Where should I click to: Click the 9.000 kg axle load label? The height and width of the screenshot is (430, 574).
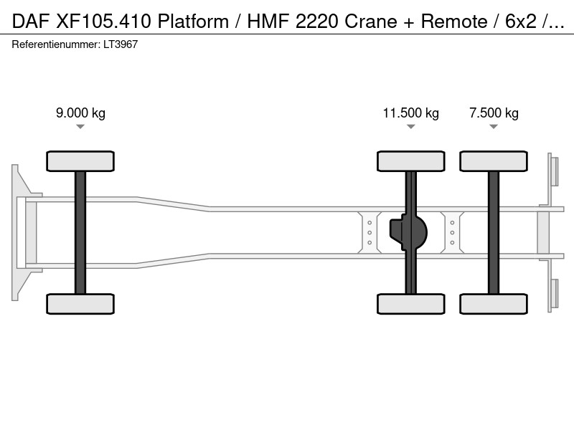(x=80, y=113)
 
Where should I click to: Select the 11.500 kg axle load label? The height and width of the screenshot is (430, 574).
(x=410, y=113)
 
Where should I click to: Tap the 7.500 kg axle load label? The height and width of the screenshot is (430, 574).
(x=494, y=113)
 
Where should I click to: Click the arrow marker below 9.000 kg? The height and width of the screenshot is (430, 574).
(x=80, y=127)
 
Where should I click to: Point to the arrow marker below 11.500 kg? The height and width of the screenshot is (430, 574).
(x=410, y=127)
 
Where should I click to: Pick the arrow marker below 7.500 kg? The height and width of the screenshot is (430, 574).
(x=494, y=127)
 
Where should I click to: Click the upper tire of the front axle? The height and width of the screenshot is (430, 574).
(x=80, y=161)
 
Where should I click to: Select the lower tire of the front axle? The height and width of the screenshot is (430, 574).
(x=80, y=304)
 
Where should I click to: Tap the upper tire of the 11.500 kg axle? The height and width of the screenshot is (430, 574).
(x=410, y=161)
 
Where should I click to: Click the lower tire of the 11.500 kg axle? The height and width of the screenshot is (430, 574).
(x=410, y=304)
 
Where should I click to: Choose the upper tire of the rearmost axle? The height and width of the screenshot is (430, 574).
(x=494, y=161)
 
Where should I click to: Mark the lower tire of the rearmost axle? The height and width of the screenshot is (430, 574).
(x=494, y=304)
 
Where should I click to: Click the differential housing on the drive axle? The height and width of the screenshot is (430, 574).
(x=408, y=232)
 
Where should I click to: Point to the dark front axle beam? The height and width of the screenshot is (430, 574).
(x=80, y=232)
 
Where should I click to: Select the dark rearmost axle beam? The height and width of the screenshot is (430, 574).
(x=494, y=232)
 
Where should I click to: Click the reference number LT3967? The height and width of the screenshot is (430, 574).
(x=121, y=44)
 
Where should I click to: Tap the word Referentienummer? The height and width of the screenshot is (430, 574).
(x=55, y=44)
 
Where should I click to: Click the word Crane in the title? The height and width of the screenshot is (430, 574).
(x=371, y=21)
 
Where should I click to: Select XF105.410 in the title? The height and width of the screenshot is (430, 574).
(x=103, y=21)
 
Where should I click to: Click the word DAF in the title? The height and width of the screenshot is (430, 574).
(x=30, y=21)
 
